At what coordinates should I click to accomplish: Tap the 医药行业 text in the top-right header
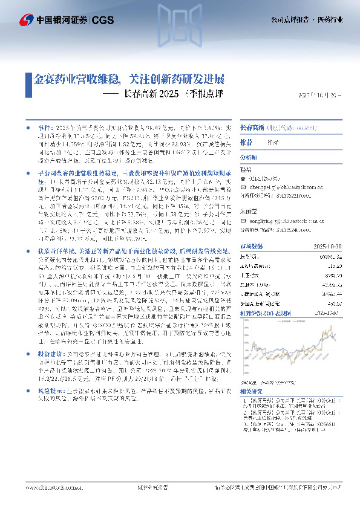click(332, 19)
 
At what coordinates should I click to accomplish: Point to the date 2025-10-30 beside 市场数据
click(329, 245)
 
